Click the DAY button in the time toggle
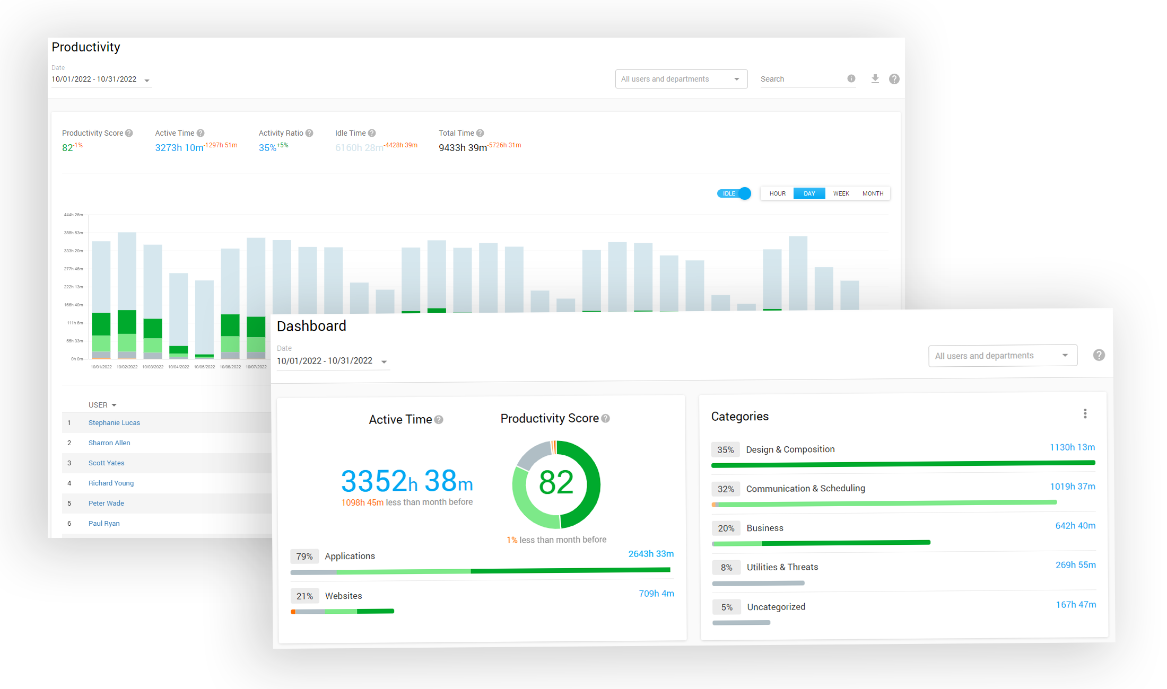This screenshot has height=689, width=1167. point(809,193)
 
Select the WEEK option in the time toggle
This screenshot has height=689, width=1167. point(841,193)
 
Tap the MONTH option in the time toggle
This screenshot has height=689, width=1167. point(873,193)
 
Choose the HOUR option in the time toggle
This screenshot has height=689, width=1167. point(777,193)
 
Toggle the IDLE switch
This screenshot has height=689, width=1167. point(735,193)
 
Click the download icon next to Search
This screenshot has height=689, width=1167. point(875,79)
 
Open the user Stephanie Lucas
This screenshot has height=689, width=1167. point(114,423)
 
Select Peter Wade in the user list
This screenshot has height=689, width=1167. point(106,503)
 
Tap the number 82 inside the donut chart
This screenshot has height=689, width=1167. point(556,483)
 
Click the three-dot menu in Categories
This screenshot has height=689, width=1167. point(1085,413)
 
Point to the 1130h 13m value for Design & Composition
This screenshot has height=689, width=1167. point(1072,447)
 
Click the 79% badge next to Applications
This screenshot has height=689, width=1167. point(304,556)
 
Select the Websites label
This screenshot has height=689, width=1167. point(344,596)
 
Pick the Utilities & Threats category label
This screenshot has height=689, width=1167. point(782,567)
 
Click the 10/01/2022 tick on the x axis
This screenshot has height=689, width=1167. point(101,367)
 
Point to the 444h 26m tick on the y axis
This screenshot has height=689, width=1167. point(73,215)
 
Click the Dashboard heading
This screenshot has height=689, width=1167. point(311,326)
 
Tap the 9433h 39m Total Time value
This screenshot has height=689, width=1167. point(463,148)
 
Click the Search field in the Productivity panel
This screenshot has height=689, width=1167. point(801,79)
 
